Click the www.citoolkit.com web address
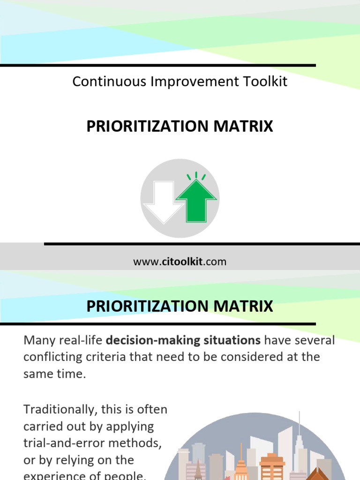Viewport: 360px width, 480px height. coord(180,262)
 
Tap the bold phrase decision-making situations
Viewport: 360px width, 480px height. coord(183,340)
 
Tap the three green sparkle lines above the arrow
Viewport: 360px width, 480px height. coord(196,177)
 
